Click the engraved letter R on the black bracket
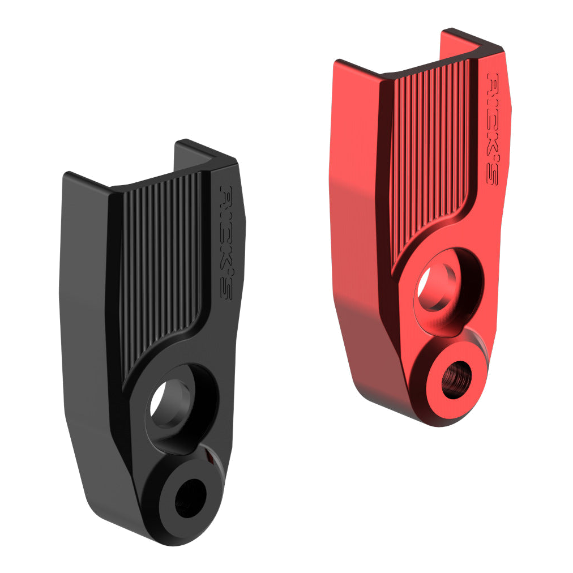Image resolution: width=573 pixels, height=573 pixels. point(227,194)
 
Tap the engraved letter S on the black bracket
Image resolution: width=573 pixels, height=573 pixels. point(226,290)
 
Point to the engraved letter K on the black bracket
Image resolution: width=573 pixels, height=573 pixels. point(226,254)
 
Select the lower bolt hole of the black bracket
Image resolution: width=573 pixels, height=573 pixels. point(190,498)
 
